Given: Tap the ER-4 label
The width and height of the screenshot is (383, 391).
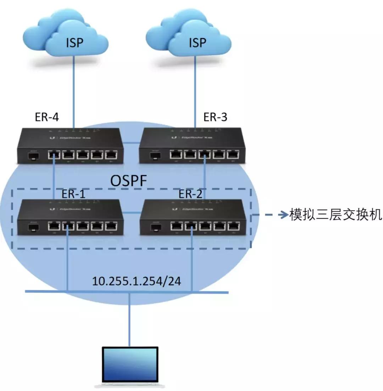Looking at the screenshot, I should pyautogui.click(x=46, y=117).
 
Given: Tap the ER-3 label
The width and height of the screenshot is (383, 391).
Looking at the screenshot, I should pyautogui.click(x=215, y=117).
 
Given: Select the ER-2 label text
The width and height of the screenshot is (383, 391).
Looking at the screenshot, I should pyautogui.click(x=191, y=194).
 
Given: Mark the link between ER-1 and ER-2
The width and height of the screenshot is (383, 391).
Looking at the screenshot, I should pyautogui.click(x=132, y=213).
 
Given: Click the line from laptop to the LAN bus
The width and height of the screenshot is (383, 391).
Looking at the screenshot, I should pyautogui.click(x=130, y=319).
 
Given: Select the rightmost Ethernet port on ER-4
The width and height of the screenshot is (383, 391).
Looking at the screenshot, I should pyautogui.click(x=111, y=155).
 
